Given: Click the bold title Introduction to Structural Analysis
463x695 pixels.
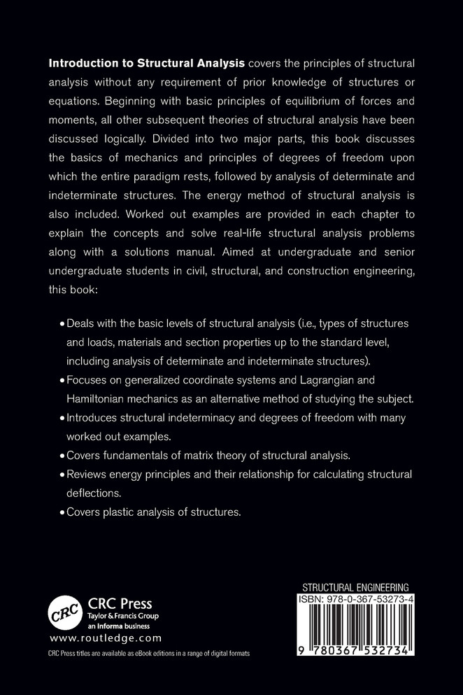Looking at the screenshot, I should (x=146, y=62).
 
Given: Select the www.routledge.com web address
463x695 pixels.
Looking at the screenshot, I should (x=106, y=638).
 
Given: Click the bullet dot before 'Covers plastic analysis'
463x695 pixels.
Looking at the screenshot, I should (x=62, y=512).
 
